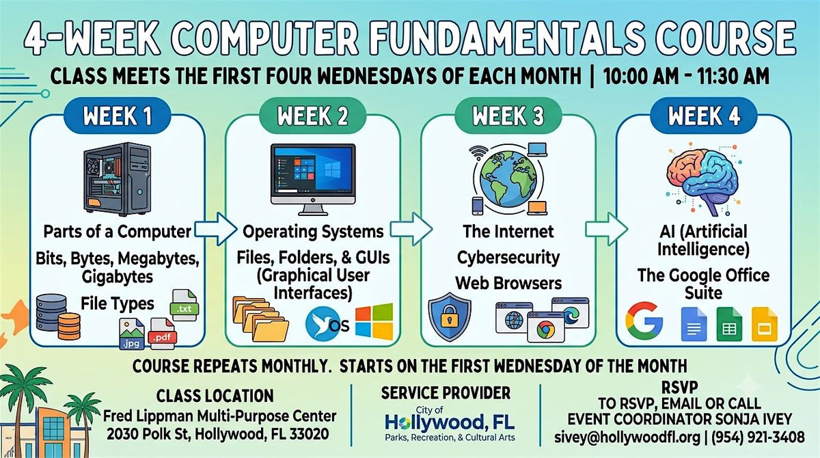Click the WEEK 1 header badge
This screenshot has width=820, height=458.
tap(117, 116)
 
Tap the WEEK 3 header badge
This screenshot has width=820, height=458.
tap(508, 116)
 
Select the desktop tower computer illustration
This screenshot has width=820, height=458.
tap(117, 179)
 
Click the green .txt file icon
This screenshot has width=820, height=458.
tap(184, 306)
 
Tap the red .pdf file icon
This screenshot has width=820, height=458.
tap(162, 334)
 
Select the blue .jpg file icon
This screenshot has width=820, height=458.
tap(132, 334)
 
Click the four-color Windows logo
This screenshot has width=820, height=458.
tap(374, 321)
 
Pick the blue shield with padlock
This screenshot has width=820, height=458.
tap(450, 316)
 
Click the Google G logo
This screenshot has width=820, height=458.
tap(644, 321)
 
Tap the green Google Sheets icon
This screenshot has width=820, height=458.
tap(729, 325)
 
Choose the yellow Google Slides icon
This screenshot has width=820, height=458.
tap(765, 325)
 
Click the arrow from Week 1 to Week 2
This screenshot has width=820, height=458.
tap(215, 229)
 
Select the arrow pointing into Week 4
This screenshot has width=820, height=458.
tap(606, 229)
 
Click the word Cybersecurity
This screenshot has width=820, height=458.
tap(508, 257)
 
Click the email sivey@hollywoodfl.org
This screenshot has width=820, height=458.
tap(627, 437)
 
